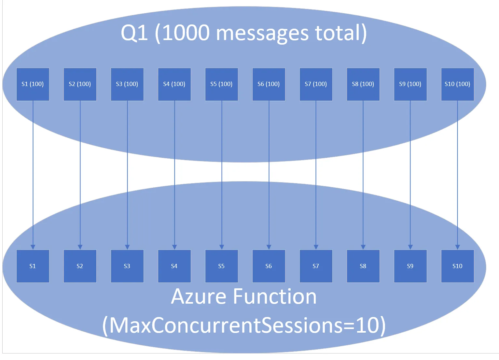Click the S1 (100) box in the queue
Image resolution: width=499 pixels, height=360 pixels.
[x=33, y=84]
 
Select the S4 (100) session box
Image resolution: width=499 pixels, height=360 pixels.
[x=174, y=84]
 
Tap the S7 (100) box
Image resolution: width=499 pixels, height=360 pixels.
[x=316, y=84]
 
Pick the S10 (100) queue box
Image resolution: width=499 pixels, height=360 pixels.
[x=457, y=84]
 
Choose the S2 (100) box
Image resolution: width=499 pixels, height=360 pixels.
[x=80, y=84]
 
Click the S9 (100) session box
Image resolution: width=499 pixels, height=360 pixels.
[x=410, y=84]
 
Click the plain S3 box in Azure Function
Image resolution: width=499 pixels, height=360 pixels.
[x=127, y=266]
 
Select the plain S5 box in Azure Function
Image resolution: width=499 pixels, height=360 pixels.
[x=221, y=266]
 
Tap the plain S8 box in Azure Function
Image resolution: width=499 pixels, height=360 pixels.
[x=363, y=266]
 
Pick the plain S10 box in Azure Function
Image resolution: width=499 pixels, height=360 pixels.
[x=457, y=266]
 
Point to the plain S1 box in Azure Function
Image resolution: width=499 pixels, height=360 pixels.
[x=33, y=266]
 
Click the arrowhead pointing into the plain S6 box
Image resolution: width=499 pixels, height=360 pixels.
[x=269, y=247]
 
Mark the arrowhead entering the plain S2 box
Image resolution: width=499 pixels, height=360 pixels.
[x=80, y=247]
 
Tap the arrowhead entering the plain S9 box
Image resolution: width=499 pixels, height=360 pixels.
[x=410, y=247]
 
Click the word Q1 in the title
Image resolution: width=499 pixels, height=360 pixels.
[x=134, y=33]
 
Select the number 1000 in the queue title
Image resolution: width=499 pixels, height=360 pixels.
[x=186, y=33]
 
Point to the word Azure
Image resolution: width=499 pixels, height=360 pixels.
[x=199, y=296]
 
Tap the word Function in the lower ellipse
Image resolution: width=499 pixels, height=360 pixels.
[x=275, y=296]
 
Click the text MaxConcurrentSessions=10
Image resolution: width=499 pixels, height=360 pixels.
[x=244, y=325]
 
